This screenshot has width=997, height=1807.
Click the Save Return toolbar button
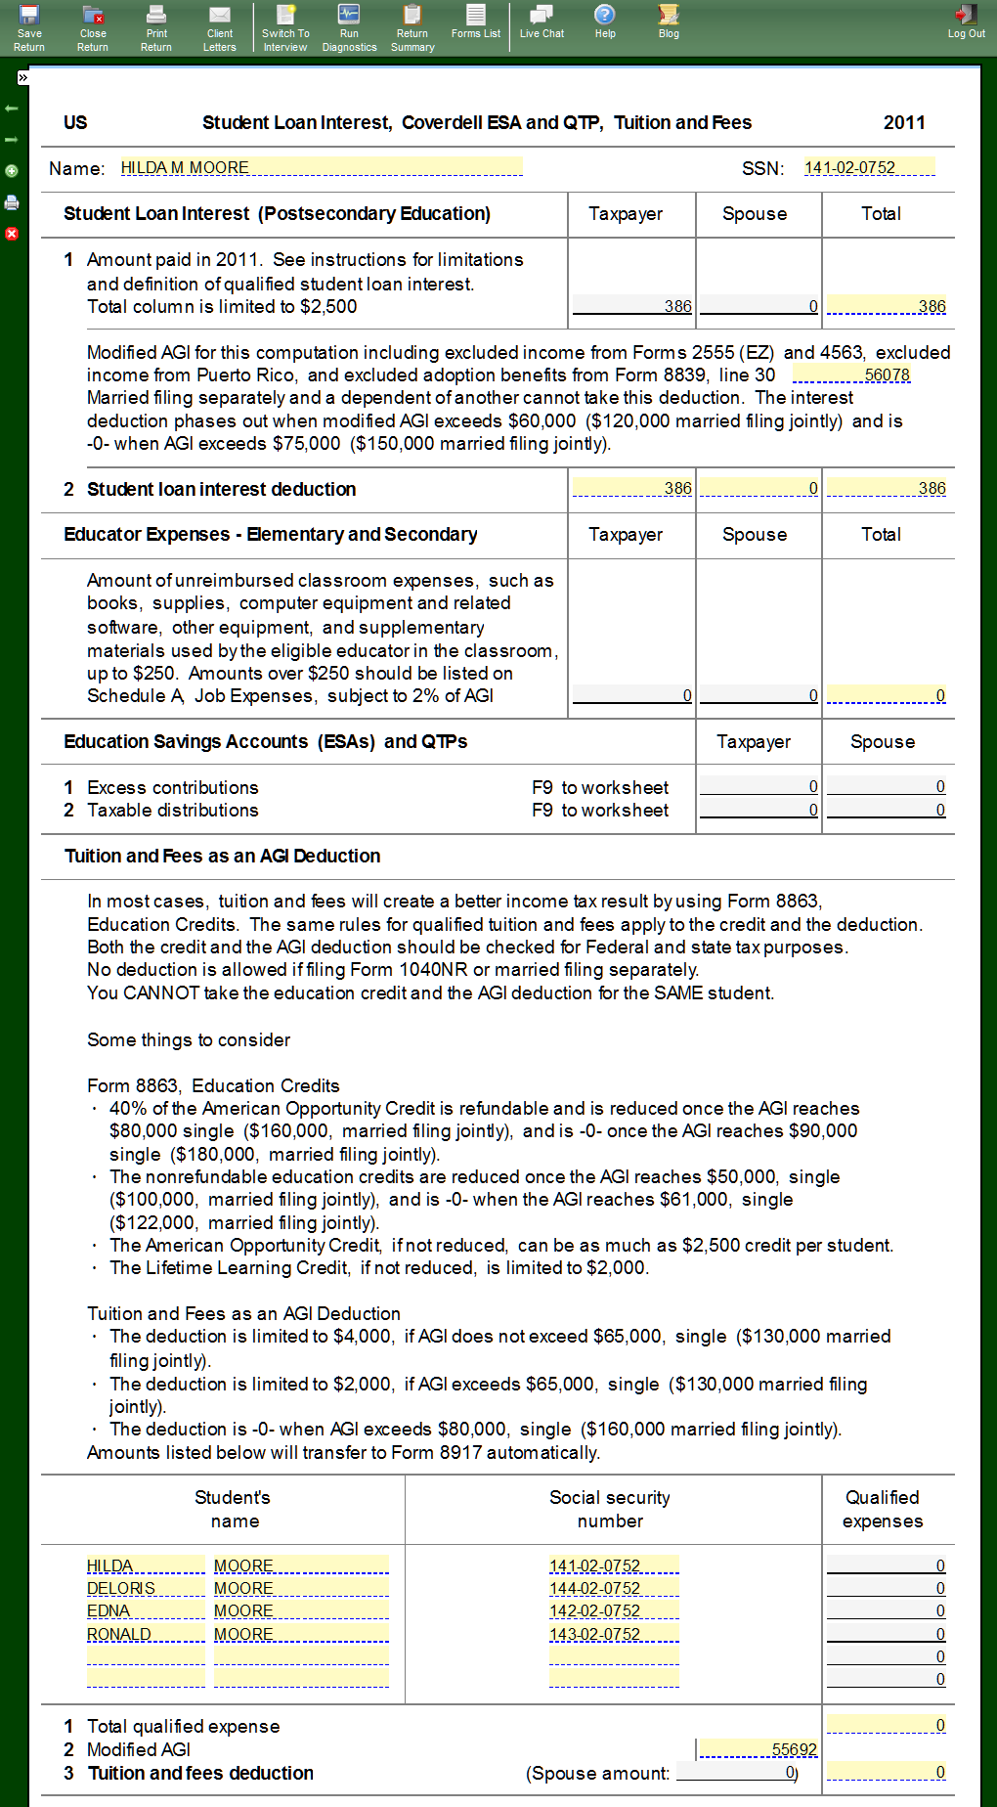click(x=29, y=26)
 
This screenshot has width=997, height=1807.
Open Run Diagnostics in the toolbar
click(x=349, y=26)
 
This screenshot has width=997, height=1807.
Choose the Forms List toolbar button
click(x=476, y=21)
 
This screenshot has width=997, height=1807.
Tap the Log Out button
click(x=966, y=21)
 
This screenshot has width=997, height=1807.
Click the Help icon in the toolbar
click(x=605, y=21)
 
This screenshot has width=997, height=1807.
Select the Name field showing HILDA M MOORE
click(x=321, y=167)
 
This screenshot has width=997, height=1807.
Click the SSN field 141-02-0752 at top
click(x=868, y=167)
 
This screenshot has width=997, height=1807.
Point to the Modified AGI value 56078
click(x=851, y=375)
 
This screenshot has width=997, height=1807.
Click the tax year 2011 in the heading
click(x=904, y=122)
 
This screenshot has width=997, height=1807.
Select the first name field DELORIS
click(x=145, y=1588)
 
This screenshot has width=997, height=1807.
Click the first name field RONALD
click(x=145, y=1634)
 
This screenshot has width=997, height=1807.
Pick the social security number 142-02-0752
click(x=613, y=1610)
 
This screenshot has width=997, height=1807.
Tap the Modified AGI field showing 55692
click(x=759, y=1749)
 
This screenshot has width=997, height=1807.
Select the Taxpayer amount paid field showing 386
click(x=631, y=306)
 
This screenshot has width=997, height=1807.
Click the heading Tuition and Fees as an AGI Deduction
click(x=222, y=856)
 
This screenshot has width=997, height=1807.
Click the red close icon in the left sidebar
click(x=12, y=234)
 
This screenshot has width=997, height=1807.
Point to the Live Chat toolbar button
click(x=542, y=21)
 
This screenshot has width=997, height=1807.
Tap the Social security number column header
click(x=610, y=1509)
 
